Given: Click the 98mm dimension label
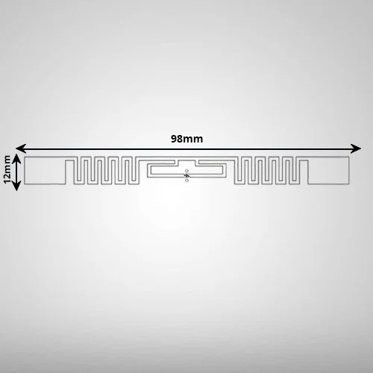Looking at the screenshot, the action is (186, 139).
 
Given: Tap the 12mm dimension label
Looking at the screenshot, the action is (7, 169).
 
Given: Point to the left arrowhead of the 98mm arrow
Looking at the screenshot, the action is (21, 148).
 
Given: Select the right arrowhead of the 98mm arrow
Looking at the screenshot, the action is (356, 148).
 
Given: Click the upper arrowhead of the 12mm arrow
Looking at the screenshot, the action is (16, 158).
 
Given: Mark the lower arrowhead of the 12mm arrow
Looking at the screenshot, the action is (16, 186).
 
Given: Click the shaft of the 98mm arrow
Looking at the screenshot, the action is (188, 148).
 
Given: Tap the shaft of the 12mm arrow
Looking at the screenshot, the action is (16, 172).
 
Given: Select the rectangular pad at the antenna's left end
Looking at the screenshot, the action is (45, 171).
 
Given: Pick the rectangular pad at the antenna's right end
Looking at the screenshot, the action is (328, 171).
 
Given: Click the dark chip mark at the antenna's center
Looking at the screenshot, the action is (186, 175).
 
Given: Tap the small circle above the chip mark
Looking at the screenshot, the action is (186, 171).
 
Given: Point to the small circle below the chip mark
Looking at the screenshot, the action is (186, 181).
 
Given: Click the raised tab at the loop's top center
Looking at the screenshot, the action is (186, 163).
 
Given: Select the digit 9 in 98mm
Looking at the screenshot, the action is (174, 139).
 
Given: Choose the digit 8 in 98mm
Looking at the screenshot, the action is (181, 139).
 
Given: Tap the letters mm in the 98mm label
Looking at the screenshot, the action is (194, 140).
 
